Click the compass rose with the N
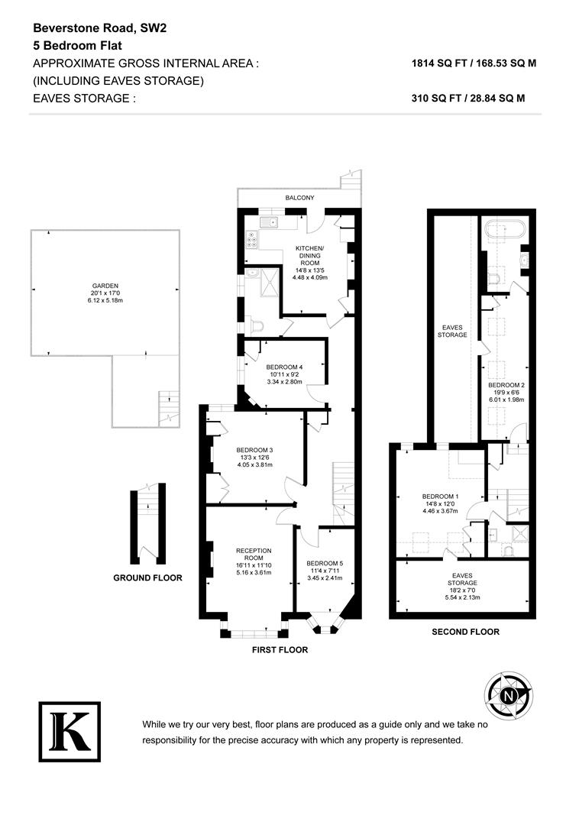[508, 694]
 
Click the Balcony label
[299, 198]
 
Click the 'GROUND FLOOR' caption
[147, 577]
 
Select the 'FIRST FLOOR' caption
[280, 649]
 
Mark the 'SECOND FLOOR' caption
[465, 632]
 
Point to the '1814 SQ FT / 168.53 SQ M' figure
[474, 64]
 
